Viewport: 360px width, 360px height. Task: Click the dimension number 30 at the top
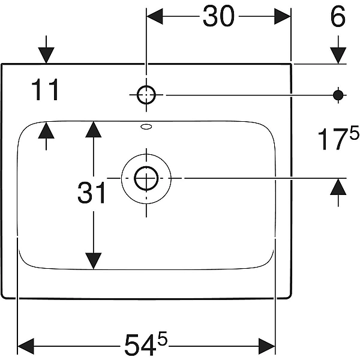pyautogui.click(x=218, y=17)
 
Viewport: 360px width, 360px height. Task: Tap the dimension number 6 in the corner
pyautogui.click(x=338, y=17)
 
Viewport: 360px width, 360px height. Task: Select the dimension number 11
pyautogui.click(x=46, y=91)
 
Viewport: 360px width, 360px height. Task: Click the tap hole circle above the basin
pyautogui.click(x=146, y=94)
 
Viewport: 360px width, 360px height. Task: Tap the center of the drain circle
pyautogui.click(x=146, y=178)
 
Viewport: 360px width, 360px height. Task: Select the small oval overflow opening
pyautogui.click(x=146, y=127)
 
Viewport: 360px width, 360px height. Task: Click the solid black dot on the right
pyautogui.click(x=338, y=94)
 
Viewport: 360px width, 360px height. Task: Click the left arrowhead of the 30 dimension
pyautogui.click(x=155, y=17)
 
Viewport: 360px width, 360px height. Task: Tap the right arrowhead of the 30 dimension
pyautogui.click(x=283, y=17)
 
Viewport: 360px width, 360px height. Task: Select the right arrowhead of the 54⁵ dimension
pyautogui.click(x=267, y=345)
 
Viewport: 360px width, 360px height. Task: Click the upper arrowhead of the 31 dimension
pyautogui.click(x=93, y=129)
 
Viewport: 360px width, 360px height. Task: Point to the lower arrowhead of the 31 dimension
pyautogui.click(x=93, y=261)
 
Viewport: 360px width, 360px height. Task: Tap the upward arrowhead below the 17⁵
pyautogui.click(x=338, y=187)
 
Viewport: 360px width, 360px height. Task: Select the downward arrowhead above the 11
pyautogui.click(x=46, y=55)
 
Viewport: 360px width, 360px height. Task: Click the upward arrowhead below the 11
pyautogui.click(x=46, y=130)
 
